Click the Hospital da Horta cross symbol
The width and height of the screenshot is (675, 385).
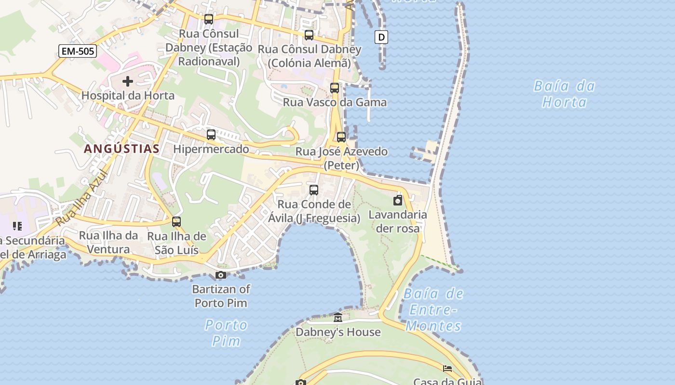tap(128, 82)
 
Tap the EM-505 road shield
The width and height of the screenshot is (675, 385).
tap(78, 51)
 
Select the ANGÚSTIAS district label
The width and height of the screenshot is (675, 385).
tap(121, 149)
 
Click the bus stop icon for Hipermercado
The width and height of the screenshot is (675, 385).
tap(211, 135)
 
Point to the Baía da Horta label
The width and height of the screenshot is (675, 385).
tap(564, 94)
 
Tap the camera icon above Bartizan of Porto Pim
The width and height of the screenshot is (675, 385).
tap(221, 275)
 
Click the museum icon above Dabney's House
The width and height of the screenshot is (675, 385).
tap(338, 318)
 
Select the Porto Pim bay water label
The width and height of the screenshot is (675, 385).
tap(226, 333)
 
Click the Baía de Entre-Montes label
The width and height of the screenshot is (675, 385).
tap(433, 309)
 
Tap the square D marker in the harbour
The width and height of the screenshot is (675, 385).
tap(381, 37)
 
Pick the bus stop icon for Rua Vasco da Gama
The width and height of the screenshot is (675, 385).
tap(335, 88)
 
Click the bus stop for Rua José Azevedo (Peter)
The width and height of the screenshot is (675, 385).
tap(341, 137)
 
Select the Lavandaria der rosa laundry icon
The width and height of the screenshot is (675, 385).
tap(398, 201)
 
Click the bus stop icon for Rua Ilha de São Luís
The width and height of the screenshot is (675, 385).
tap(176, 222)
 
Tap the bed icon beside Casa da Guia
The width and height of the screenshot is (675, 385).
tap(447, 369)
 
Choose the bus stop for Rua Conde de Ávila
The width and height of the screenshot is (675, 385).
tap(314, 190)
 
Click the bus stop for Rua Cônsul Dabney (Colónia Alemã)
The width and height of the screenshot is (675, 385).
tap(309, 35)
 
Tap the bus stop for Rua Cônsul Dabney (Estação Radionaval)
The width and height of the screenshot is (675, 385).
tap(209, 19)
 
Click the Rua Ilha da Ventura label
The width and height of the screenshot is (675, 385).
tap(108, 242)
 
